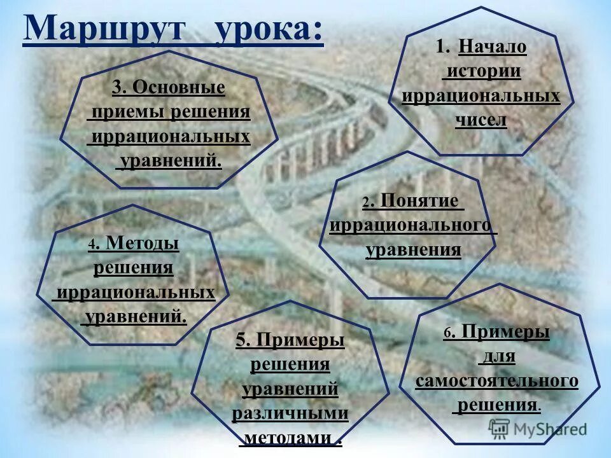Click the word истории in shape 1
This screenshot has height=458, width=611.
click(481, 71)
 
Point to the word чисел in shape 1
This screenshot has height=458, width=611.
click(481, 119)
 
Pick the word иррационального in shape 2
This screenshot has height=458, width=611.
click(411, 225)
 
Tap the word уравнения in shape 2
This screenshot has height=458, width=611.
click(413, 249)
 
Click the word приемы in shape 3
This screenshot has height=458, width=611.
click(127, 112)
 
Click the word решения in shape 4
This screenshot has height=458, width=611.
click(133, 267)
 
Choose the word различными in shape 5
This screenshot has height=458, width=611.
click(290, 413)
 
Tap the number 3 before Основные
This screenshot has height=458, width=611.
click(116, 87)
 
